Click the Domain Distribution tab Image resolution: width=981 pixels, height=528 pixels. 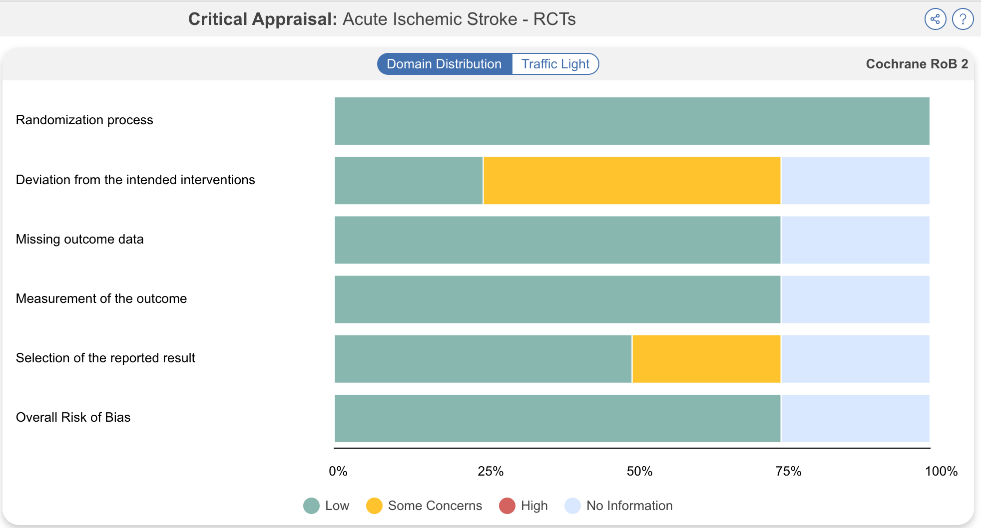(x=444, y=64)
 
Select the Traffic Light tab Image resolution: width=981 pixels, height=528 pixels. (x=555, y=64)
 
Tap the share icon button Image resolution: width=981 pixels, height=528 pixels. (x=935, y=19)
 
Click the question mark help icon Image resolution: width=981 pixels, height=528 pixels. (x=963, y=19)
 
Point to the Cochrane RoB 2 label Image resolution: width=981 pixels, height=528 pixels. (x=917, y=64)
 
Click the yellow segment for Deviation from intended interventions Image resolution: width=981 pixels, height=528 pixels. (x=631, y=180)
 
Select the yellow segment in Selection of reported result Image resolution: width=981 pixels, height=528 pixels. (x=706, y=359)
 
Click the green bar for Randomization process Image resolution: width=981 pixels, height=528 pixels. (x=631, y=121)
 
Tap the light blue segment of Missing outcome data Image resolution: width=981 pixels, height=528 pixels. (x=855, y=240)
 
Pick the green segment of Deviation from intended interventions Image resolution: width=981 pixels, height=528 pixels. (x=408, y=180)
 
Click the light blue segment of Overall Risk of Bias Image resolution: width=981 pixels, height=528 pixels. (x=855, y=418)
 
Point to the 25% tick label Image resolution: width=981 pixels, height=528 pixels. (x=490, y=471)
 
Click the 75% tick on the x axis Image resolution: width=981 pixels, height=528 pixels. (x=788, y=471)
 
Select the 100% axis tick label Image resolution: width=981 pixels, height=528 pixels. (x=941, y=471)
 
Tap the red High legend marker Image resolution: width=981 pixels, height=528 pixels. (x=507, y=506)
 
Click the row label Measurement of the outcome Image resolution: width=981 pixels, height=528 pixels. (x=101, y=298)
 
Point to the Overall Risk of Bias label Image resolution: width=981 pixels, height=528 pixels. (x=73, y=417)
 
